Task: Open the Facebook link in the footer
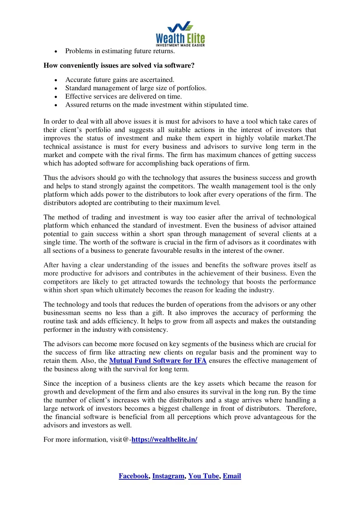coord(133,476)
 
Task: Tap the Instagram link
coord(168,476)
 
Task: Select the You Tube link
coord(203,476)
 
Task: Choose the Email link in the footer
coord(232,476)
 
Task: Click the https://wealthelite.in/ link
coord(164,440)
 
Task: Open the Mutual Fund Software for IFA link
coord(158,361)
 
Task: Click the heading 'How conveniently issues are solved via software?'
coord(119,66)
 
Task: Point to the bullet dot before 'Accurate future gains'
coord(56,80)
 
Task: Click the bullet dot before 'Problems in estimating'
coord(56,51)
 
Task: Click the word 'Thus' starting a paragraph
coord(50,178)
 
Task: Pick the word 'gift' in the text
coord(158,313)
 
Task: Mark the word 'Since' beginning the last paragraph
coord(51,384)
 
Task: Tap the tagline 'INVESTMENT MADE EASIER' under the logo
coord(180,45)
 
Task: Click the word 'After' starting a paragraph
coord(51,265)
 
